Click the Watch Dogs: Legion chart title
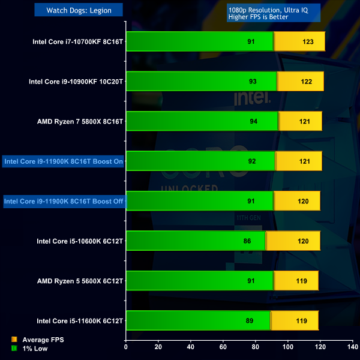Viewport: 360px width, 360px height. [x=79, y=10]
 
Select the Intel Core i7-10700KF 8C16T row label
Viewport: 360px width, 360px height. [x=78, y=42]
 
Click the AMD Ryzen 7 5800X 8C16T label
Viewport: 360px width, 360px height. [x=80, y=121]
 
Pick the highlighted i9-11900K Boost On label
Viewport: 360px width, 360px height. [x=64, y=161]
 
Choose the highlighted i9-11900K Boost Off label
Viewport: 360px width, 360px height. [x=64, y=201]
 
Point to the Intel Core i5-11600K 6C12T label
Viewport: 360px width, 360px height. [x=80, y=320]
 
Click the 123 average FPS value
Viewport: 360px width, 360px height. [x=308, y=42]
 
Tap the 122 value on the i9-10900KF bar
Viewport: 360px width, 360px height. [x=307, y=82]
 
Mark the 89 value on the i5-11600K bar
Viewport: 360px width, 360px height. [x=250, y=320]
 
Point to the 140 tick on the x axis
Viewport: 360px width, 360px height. [x=352, y=347]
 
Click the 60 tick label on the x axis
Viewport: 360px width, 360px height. [x=223, y=347]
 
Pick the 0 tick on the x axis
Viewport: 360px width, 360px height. [x=126, y=347]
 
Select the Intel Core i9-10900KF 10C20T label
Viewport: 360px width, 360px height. [x=76, y=82]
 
